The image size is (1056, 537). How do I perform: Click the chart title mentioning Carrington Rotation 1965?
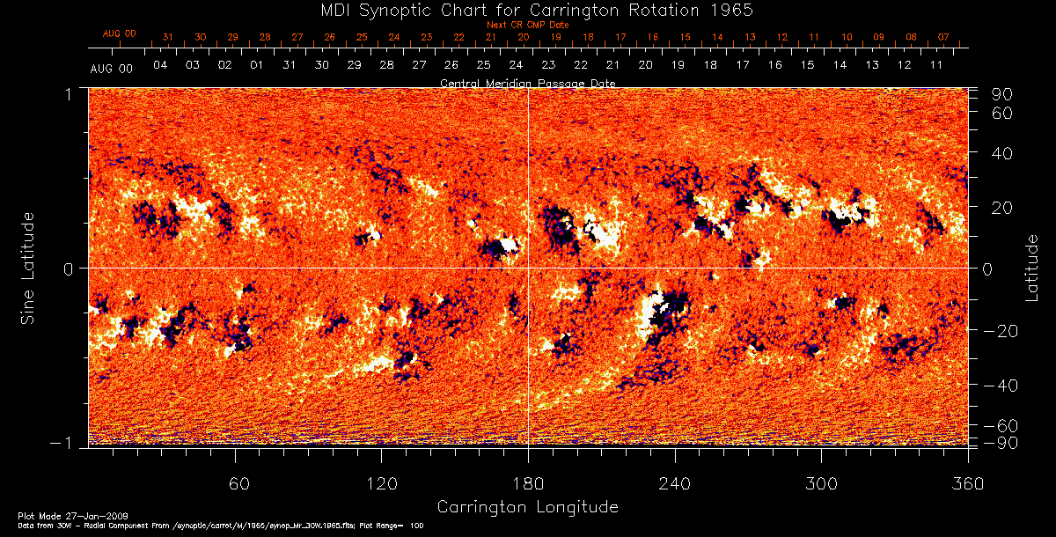[527, 10]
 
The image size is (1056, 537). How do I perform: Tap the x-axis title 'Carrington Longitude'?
[527, 507]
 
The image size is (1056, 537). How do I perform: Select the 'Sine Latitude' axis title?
[28, 268]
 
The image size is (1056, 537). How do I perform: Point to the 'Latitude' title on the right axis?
[1031, 268]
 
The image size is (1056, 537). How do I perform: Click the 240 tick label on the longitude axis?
[675, 483]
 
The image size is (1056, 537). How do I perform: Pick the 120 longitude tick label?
[382, 483]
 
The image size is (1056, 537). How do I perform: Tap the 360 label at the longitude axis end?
[968, 483]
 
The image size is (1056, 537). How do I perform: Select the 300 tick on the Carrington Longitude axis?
[821, 483]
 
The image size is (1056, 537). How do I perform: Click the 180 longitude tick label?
[528, 483]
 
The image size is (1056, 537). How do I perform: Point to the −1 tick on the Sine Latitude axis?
[72, 444]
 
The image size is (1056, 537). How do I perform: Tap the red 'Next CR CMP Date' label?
[527, 25]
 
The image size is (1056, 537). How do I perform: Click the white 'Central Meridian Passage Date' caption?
[527, 83]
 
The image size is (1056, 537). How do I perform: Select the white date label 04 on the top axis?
[160, 66]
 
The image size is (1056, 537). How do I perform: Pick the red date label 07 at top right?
[943, 37]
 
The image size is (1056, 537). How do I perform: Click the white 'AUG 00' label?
[112, 69]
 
